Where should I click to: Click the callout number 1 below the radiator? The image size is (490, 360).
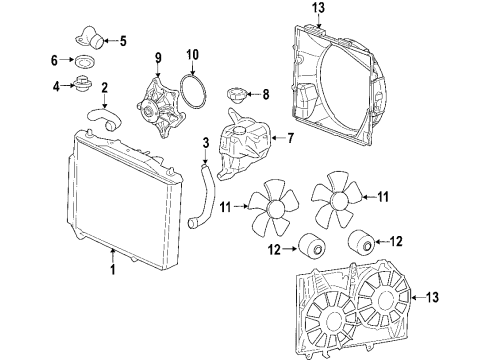[x=113, y=268]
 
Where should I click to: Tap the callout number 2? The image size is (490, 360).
[x=105, y=89]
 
